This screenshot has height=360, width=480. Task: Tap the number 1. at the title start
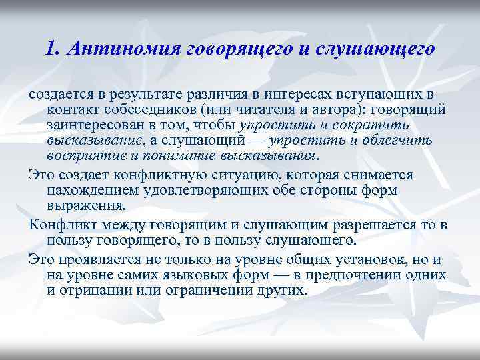click(55, 49)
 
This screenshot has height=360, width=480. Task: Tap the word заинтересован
click(89, 125)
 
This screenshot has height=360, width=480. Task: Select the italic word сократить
click(375, 125)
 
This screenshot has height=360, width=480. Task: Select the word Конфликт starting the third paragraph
click(57, 223)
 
